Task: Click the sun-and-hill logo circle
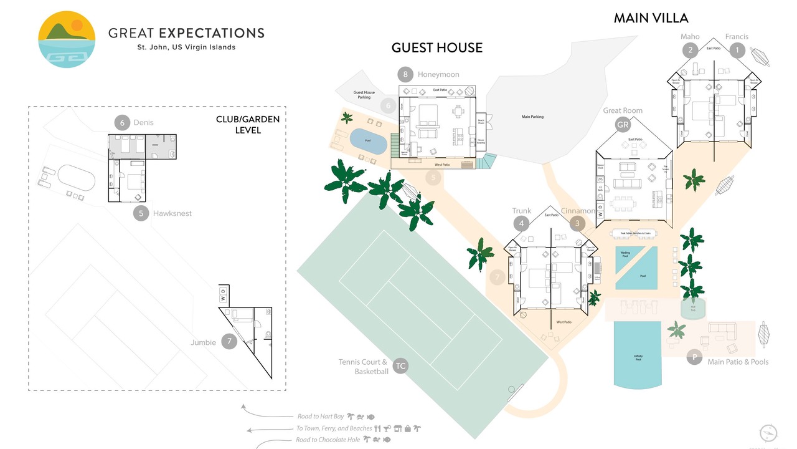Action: click(67, 39)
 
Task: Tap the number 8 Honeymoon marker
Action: click(405, 75)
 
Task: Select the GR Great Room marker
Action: click(623, 125)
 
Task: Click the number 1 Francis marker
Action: click(737, 50)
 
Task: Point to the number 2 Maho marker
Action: click(689, 50)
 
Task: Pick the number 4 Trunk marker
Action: click(521, 223)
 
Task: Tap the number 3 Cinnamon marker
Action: click(577, 223)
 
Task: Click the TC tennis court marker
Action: click(400, 366)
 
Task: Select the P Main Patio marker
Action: click(694, 357)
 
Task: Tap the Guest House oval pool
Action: click(367, 140)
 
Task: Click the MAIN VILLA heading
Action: click(651, 18)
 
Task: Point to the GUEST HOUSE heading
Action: click(436, 47)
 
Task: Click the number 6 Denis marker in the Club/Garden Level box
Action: click(121, 122)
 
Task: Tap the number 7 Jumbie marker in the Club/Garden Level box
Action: click(229, 341)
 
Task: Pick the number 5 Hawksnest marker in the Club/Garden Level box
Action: click(141, 213)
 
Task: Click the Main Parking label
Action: click(532, 117)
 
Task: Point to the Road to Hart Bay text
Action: click(321, 417)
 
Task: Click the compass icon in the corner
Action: click(769, 433)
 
